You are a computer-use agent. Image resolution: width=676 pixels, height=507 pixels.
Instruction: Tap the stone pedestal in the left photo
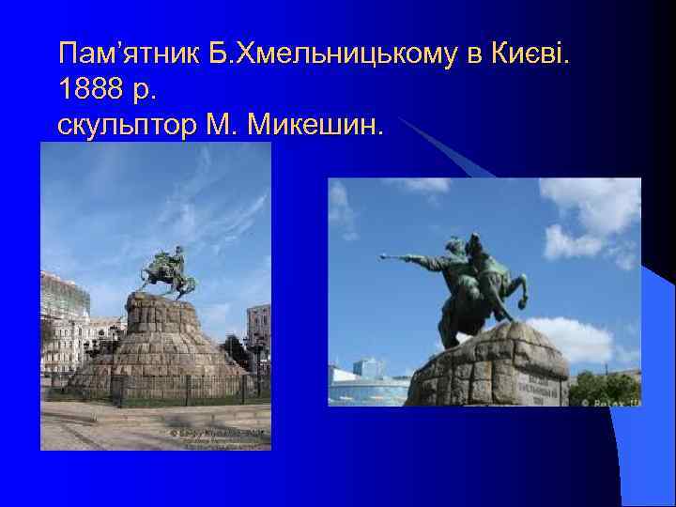point(160,338)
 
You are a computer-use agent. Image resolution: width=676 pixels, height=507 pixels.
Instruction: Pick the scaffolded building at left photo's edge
point(63,300)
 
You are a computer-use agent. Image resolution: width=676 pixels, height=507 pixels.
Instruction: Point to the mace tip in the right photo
point(384,256)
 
